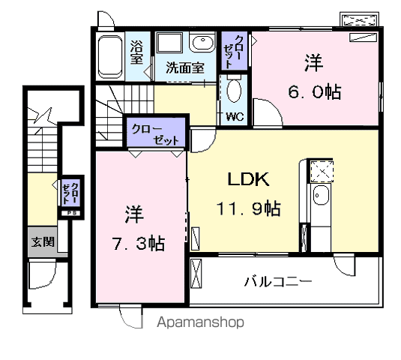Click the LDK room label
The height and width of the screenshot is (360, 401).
pyautogui.click(x=248, y=179)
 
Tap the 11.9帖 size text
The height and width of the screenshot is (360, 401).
pyautogui.click(x=248, y=208)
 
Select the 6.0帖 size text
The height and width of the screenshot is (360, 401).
pyautogui.click(x=315, y=91)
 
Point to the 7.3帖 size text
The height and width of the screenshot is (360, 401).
pyautogui.click(x=139, y=243)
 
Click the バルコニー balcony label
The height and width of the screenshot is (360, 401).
pyautogui.click(x=278, y=282)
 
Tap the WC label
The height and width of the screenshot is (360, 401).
pyautogui.click(x=235, y=117)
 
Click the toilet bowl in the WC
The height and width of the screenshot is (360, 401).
pyautogui.click(x=234, y=91)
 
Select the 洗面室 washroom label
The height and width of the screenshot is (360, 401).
pyautogui.click(x=185, y=67)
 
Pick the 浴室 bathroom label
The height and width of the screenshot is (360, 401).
pyautogui.click(x=137, y=52)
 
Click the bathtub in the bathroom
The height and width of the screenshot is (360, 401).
pyautogui.click(x=110, y=57)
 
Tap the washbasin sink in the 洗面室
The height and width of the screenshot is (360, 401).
pyautogui.click(x=202, y=43)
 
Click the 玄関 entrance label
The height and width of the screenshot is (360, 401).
pyautogui.click(x=43, y=241)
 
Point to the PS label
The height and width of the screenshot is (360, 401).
pyautogui.click(x=70, y=213)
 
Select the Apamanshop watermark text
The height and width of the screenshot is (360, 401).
pyautogui.click(x=201, y=322)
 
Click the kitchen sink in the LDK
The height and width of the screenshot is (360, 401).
pyautogui.click(x=321, y=195)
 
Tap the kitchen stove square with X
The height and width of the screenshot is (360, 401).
pyautogui.click(x=322, y=171)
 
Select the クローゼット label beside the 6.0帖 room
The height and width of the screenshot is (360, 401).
pyautogui.click(x=233, y=51)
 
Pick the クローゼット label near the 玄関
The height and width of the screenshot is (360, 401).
pyautogui.click(x=70, y=193)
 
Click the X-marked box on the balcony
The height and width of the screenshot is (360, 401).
pyautogui.click(x=196, y=273)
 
